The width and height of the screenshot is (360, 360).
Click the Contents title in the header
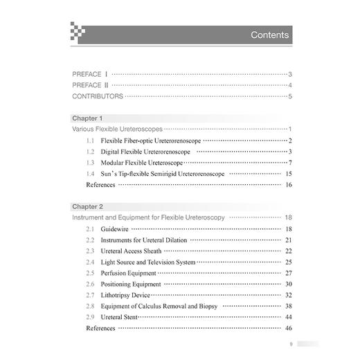point(269,35)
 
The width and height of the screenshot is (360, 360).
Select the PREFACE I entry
point(91,73)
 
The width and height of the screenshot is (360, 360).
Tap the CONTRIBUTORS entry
point(98,96)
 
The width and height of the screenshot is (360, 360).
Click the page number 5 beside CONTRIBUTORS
point(290,96)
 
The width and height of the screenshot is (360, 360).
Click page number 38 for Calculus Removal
point(288,306)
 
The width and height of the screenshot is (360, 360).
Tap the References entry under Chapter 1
point(101,185)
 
